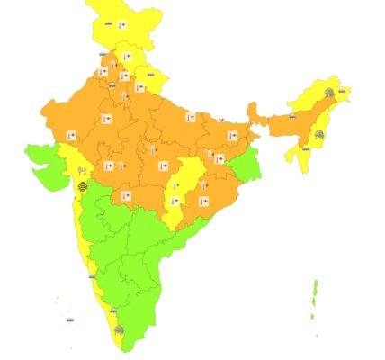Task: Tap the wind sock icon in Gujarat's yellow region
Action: pos(82,168)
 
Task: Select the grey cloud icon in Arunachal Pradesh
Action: pos(330,92)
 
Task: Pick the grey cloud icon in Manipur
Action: pos(319,134)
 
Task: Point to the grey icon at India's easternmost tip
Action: pos(344,90)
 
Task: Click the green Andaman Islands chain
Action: pos(315,297)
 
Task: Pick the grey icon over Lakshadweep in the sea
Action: pos(68,317)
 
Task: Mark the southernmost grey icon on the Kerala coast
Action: pos(120,331)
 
